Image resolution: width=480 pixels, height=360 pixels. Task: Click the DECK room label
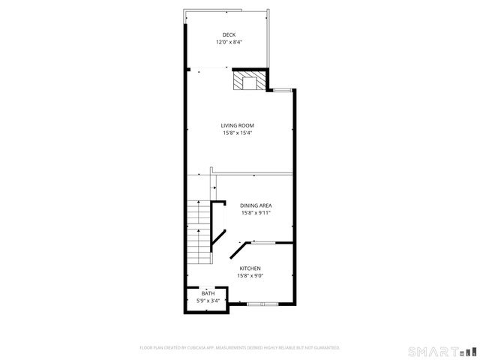click(x=229, y=34)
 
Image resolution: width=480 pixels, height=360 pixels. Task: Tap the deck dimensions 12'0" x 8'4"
click(x=229, y=42)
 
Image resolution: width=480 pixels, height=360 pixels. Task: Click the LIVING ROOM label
click(x=238, y=125)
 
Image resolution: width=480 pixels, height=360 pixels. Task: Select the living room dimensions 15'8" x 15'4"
click(x=238, y=133)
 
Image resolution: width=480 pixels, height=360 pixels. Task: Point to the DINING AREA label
click(x=256, y=205)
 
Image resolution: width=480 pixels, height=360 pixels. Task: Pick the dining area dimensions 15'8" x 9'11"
click(x=256, y=213)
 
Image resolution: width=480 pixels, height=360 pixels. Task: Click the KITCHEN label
click(x=250, y=268)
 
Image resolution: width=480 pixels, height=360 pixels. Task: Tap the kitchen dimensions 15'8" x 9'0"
click(x=250, y=275)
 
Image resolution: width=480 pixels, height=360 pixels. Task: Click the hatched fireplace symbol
click(x=246, y=80)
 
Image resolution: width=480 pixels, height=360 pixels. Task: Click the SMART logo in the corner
click(x=441, y=350)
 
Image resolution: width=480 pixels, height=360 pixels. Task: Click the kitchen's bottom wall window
click(x=262, y=304)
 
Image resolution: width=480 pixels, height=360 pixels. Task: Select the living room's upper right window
click(x=282, y=91)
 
